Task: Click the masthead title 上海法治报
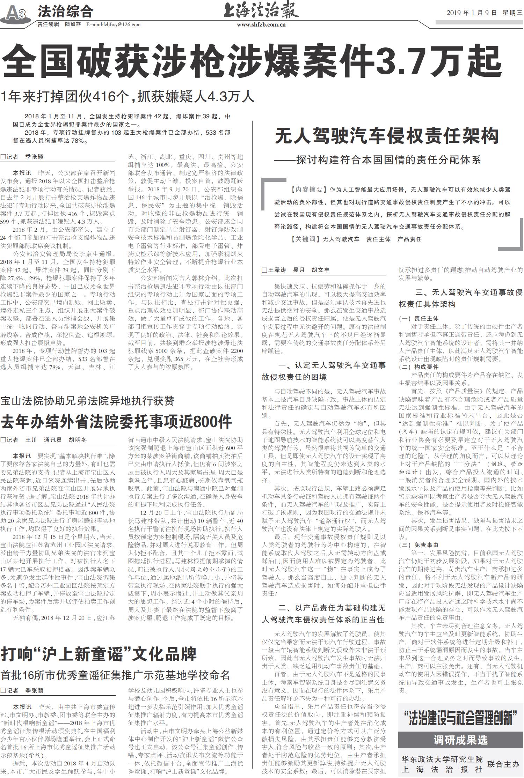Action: (x=261, y=10)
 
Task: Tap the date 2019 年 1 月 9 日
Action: (x=471, y=13)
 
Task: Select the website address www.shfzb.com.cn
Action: (x=261, y=24)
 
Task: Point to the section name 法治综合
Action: (x=65, y=12)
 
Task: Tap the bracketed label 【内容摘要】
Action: (x=309, y=190)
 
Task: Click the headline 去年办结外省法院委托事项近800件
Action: (x=116, y=422)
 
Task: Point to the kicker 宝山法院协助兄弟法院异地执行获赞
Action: (x=87, y=401)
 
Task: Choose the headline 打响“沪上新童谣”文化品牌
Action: (x=99, y=654)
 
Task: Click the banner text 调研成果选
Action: (x=460, y=740)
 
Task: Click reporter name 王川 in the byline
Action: (x=31, y=440)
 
